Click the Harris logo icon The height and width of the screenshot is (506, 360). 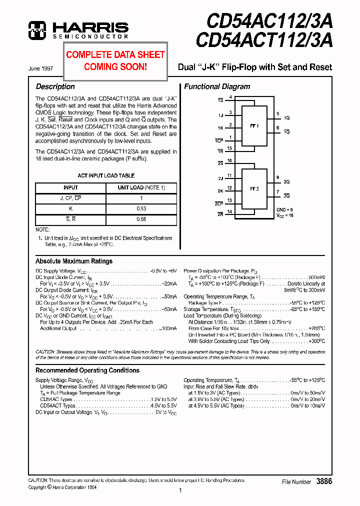[37, 30]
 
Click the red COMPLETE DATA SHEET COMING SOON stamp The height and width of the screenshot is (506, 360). [115, 60]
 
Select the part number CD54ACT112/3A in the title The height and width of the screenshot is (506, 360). [264, 40]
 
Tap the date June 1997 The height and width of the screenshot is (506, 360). [41, 68]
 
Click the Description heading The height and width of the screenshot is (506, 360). [55, 86]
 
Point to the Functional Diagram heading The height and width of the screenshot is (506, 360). [217, 86]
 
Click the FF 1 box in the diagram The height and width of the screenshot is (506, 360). [254, 126]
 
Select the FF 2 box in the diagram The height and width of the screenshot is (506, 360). [254, 189]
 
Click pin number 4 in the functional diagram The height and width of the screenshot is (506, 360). [230, 97]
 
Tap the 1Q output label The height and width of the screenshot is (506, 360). [286, 118]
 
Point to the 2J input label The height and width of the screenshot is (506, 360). [220, 178]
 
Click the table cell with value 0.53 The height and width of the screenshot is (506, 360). [141, 208]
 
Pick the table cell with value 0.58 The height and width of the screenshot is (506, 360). [141, 219]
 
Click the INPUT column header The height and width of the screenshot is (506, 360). [70, 187]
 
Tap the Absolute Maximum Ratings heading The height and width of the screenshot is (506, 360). [74, 261]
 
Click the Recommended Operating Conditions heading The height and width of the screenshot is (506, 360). [87, 370]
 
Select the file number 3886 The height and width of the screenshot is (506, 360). [324, 481]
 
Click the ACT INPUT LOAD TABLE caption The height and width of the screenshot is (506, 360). [106, 175]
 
